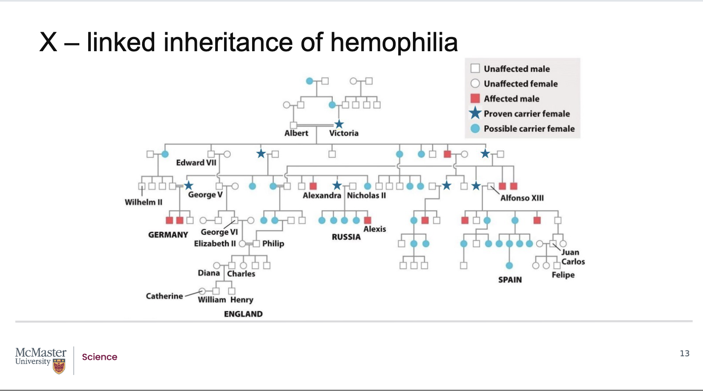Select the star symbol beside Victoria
(x=339, y=124)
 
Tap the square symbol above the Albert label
(x=293, y=125)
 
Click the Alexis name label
(x=375, y=229)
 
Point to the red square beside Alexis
(x=368, y=220)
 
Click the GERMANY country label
(x=168, y=235)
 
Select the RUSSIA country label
(x=346, y=237)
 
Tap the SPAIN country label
(x=510, y=280)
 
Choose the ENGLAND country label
(x=243, y=314)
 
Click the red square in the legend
(x=475, y=98)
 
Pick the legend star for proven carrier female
(x=475, y=113)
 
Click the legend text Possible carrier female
(x=529, y=129)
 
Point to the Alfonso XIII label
(x=522, y=198)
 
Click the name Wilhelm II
(x=143, y=202)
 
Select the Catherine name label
(x=164, y=296)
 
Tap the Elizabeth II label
(x=215, y=244)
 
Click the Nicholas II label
(x=366, y=195)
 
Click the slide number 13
(x=684, y=354)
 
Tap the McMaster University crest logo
(x=59, y=367)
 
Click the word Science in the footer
(x=99, y=357)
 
